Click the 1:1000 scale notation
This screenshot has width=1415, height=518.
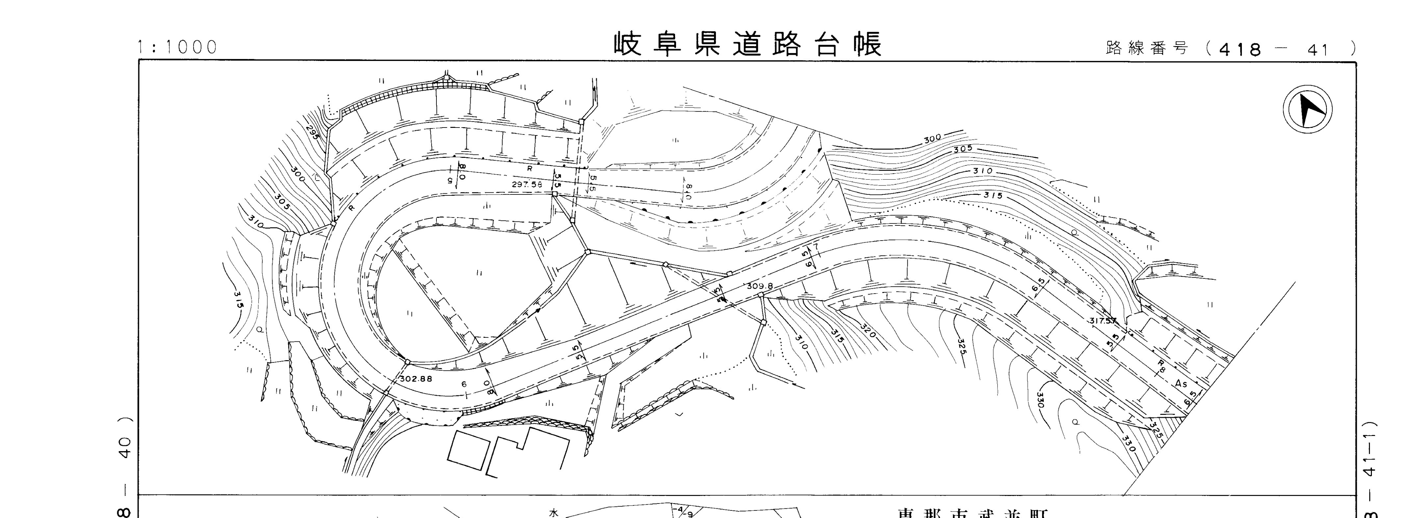tap(177, 47)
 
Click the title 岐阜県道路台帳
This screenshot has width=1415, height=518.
tap(747, 44)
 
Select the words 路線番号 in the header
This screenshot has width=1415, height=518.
tap(1147, 48)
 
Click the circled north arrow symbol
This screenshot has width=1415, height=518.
tap(1308, 109)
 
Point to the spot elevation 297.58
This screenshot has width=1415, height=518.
tap(527, 185)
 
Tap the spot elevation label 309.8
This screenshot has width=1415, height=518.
tap(760, 286)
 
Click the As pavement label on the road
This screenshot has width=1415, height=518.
tap(1181, 383)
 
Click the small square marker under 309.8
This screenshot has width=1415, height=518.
tap(761, 295)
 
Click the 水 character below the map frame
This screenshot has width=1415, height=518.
tap(554, 512)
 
